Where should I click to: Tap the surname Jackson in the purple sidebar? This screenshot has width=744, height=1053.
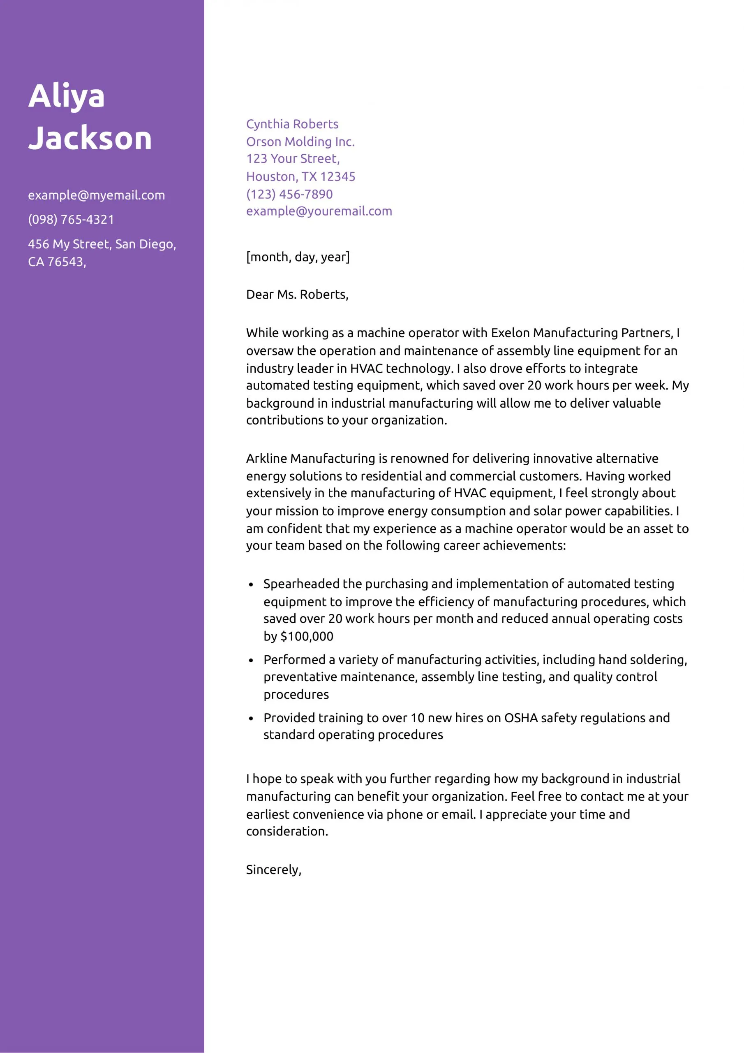pyautogui.click(x=90, y=138)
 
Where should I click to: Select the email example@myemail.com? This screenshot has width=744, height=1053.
pyautogui.click(x=96, y=195)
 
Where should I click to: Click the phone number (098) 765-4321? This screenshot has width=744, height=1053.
pyautogui.click(x=71, y=220)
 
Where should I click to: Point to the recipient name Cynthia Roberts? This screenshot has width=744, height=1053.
pyautogui.click(x=292, y=124)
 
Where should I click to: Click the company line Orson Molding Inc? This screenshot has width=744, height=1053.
pyautogui.click(x=300, y=142)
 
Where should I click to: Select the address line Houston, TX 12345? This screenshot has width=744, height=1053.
pyautogui.click(x=300, y=176)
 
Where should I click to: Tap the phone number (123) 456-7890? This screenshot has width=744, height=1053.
pyautogui.click(x=289, y=194)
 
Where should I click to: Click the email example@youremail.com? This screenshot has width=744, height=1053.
pyautogui.click(x=319, y=211)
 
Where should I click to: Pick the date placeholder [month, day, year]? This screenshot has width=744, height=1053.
pyautogui.click(x=298, y=257)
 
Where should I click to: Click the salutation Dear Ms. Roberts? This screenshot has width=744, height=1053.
pyautogui.click(x=297, y=295)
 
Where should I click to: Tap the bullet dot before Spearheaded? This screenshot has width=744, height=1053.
pyautogui.click(x=251, y=585)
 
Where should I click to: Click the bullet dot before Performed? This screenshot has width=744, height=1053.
pyautogui.click(x=251, y=661)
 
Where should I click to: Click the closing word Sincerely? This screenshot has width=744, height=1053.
pyautogui.click(x=274, y=870)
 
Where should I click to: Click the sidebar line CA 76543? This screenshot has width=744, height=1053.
pyautogui.click(x=57, y=262)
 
